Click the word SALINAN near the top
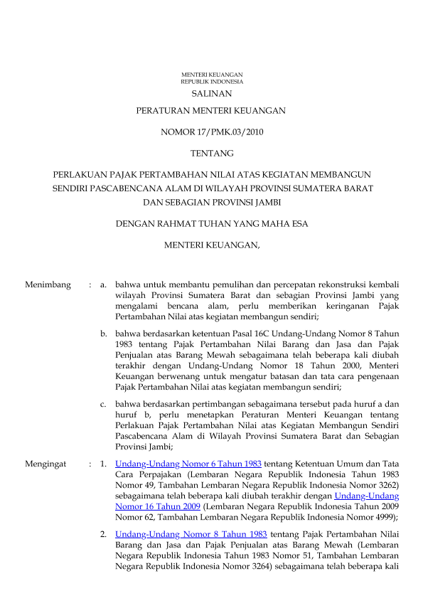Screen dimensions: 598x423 pos(211,93)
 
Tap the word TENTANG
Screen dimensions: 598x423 pos(211,153)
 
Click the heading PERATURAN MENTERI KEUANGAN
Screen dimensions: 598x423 pos(211,111)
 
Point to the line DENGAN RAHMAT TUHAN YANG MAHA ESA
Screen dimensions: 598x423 pos(211,225)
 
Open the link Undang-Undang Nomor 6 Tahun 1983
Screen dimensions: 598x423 pos(188,464)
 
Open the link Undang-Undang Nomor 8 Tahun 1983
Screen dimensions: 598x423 pos(191,533)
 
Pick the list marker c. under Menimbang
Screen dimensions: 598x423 pos(104,404)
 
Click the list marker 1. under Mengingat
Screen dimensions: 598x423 pos(104,464)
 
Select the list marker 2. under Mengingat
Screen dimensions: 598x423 pos(104,533)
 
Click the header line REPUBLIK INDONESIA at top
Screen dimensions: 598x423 pos(211,82)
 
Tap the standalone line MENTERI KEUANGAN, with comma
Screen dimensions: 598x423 pos(211,246)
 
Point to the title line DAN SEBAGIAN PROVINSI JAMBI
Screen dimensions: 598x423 pos(211,202)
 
